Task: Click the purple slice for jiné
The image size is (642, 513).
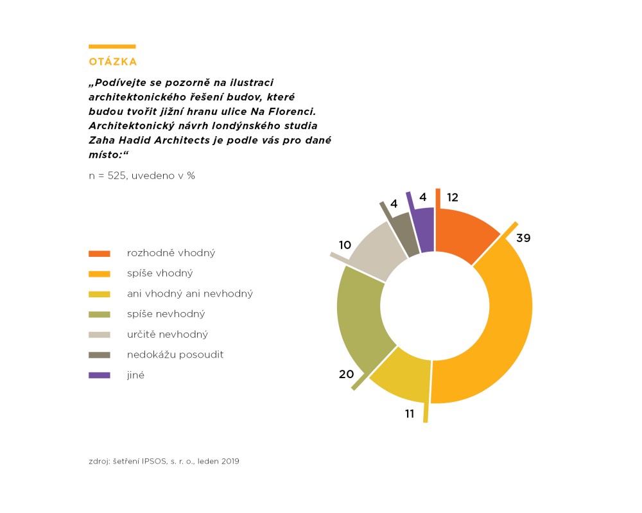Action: tap(424, 222)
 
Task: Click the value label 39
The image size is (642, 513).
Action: tap(523, 238)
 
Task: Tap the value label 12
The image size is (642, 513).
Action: tap(453, 197)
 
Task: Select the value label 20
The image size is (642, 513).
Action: tap(346, 374)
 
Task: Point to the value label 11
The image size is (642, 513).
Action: tap(410, 413)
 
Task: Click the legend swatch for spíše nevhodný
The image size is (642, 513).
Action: tap(100, 314)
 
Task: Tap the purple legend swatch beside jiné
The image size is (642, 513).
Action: tap(100, 375)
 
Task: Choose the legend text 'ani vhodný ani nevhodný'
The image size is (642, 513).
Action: tap(190, 293)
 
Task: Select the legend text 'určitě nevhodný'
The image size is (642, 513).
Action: tap(168, 335)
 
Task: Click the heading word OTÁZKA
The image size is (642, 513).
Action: tap(113, 62)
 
